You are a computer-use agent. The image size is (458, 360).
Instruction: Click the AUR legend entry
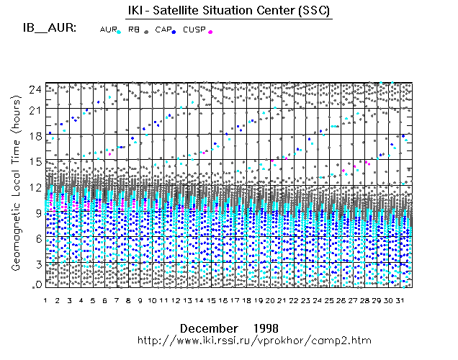pos(109,30)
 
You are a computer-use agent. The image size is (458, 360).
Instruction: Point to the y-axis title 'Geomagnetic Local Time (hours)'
pos(15,194)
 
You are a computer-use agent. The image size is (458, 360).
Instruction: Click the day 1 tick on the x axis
pos(45,300)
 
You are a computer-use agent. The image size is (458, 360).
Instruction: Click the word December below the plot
pos(208,328)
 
